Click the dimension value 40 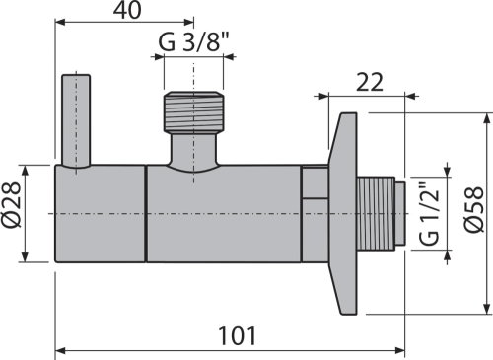(x=127, y=10)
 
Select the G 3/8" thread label (x=193, y=42)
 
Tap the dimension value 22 (x=370, y=82)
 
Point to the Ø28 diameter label (x=12, y=204)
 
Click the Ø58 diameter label (x=475, y=209)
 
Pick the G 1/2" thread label (x=429, y=213)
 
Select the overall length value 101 (x=238, y=336)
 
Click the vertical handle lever (x=76, y=121)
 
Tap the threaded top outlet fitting (x=193, y=112)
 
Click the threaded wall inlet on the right (x=376, y=214)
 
